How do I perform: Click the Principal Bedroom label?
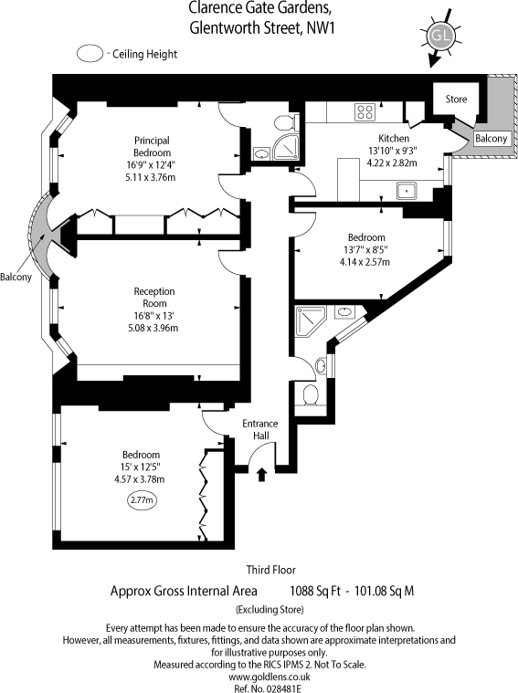[153, 146]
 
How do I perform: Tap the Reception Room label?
[154, 298]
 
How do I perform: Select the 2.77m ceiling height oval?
[143, 500]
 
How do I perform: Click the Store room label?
[456, 99]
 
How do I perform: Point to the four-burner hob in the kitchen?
[365, 111]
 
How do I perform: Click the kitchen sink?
[407, 191]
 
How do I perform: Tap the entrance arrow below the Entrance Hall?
[262, 475]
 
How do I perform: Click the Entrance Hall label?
[260, 430]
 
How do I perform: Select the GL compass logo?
[440, 37]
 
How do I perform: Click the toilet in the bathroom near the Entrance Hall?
[311, 394]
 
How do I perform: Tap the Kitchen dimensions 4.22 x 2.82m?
[392, 163]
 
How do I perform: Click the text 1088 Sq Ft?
[315, 591]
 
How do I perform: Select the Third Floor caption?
[271, 570]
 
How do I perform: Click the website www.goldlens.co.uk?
[270, 677]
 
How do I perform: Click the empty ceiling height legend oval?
[90, 54]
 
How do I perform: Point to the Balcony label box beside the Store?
[491, 139]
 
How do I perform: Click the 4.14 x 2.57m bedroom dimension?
[365, 262]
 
